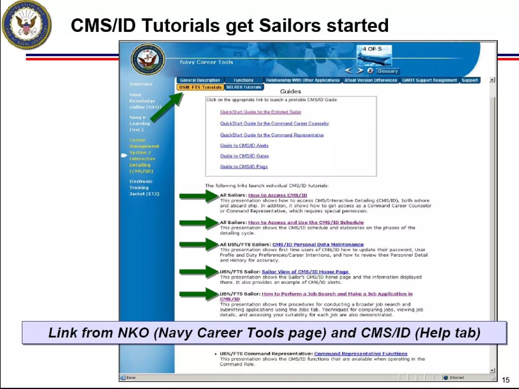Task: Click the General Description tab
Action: (200, 80)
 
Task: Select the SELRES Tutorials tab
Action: (244, 87)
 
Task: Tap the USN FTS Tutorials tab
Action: (200, 87)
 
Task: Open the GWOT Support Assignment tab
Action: (429, 80)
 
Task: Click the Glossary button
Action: (387, 71)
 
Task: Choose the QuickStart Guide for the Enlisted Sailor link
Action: (261, 112)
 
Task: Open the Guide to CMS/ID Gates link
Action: (244, 156)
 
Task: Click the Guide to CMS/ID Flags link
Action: (244, 167)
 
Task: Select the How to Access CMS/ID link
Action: (277, 195)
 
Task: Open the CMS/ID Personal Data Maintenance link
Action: (318, 245)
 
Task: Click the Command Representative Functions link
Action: (360, 354)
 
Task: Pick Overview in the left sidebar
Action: (141, 84)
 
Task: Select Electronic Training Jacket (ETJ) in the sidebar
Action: (144, 188)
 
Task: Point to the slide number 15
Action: (505, 380)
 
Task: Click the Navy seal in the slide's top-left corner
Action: (26, 24)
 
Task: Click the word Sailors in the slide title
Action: (290, 26)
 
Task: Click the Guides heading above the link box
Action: (290, 91)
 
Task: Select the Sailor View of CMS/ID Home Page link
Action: (305, 272)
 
